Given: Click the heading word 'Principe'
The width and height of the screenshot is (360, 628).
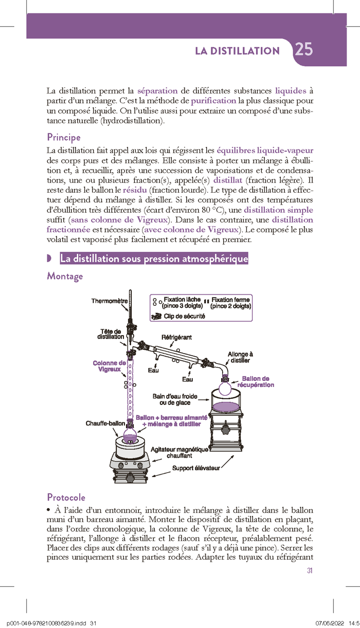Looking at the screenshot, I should pos(64,137).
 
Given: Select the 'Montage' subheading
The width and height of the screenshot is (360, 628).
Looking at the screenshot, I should pos(65,276).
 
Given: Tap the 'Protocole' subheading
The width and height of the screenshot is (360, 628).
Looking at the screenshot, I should pos(66,497).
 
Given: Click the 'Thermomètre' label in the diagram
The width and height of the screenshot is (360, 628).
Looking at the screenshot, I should pos(110,301).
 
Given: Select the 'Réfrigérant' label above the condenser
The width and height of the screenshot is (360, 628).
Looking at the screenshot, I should pos(177,337).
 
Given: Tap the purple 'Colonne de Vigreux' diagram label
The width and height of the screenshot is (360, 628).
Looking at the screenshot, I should pos(109,366).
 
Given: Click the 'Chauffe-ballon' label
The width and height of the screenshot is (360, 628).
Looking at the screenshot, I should pos(105,423).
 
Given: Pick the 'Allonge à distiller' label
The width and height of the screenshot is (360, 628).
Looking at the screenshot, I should pos(240,357).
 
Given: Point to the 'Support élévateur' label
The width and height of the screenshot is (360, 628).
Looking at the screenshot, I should pos(196,468).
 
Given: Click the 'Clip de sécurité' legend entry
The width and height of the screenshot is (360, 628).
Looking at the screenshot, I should pos(184,316).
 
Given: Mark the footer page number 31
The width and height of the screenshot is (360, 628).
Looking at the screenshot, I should pos(309,571).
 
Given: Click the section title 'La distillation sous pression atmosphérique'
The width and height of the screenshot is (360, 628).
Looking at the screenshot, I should pos(154,259).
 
